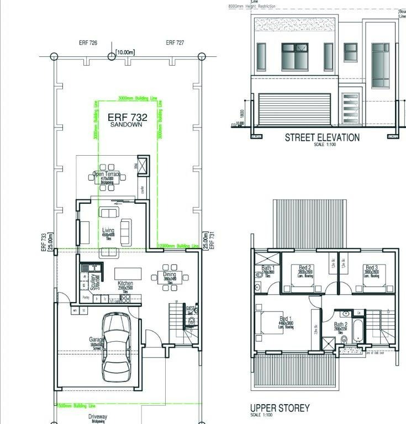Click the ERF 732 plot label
(x=127, y=117)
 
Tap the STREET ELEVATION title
(x=322, y=137)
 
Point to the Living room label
(x=108, y=231)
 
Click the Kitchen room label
(x=125, y=283)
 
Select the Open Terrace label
(x=107, y=174)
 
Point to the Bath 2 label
(x=341, y=325)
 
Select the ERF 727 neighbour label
(x=175, y=43)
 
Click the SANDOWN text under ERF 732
(x=126, y=125)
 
